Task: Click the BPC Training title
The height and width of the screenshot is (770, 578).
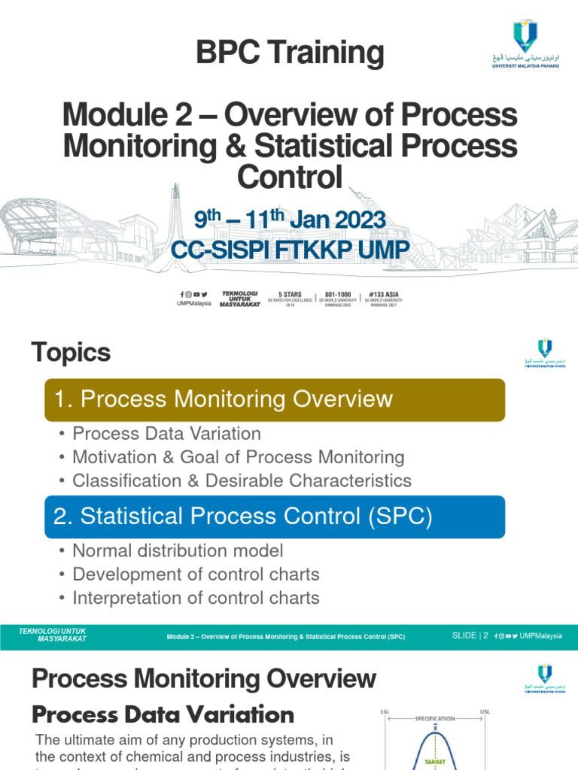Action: pos(290,53)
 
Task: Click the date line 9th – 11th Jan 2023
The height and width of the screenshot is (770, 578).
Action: pos(290,220)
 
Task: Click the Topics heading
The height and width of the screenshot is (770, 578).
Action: pos(71,353)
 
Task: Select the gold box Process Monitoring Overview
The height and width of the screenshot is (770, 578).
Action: pos(275,399)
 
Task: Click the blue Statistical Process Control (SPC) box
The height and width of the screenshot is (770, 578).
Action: pos(275,516)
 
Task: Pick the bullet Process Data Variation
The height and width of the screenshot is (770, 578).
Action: pos(166,434)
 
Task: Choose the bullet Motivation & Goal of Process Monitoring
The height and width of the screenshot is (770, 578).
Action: pos(238,457)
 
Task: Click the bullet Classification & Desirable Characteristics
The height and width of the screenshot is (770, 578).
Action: pos(242,480)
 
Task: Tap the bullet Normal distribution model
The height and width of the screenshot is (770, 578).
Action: pos(178,551)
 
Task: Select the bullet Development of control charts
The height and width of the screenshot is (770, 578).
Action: pos(196,574)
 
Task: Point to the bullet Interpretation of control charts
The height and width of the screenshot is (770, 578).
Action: pos(196,598)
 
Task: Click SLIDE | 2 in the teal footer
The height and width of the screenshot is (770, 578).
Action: pos(470,635)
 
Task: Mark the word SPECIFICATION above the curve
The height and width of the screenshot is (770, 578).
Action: pos(435,719)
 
